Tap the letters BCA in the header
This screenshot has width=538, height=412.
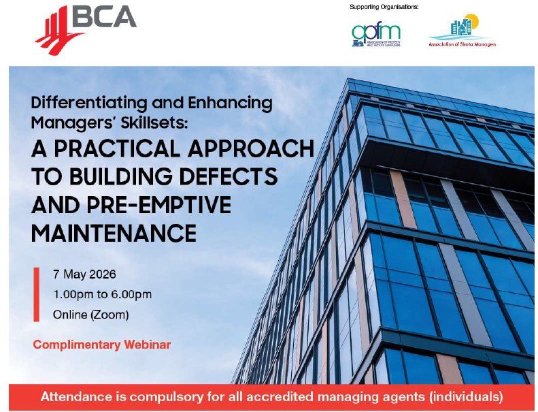103,16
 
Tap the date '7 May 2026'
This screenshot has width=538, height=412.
84,274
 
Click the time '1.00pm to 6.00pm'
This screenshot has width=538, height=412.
102,294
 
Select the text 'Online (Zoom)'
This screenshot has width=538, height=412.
90,315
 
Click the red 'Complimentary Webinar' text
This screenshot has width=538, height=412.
102,344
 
